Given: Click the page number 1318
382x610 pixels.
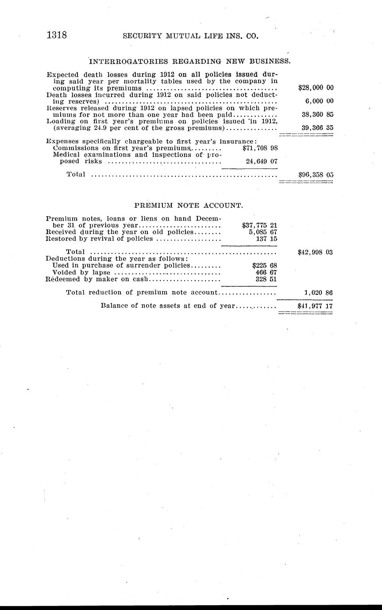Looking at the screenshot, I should click(x=57, y=35).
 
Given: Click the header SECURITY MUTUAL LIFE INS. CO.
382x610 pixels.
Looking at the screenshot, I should click(x=190, y=37).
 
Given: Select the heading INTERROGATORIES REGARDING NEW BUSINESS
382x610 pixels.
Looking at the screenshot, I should click(x=189, y=61).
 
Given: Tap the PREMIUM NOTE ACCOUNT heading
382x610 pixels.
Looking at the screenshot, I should click(x=189, y=206).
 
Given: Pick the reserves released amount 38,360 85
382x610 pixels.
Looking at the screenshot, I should click(x=317, y=114).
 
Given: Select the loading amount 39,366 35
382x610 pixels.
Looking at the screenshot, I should click(x=317, y=128).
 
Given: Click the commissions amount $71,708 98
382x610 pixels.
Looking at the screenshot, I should click(x=260, y=148).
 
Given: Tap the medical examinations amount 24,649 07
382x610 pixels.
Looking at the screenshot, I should click(x=261, y=161).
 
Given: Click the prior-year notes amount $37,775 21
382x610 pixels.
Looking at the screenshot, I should click(x=260, y=225).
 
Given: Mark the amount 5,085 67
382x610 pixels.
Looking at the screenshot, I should click(x=263, y=232).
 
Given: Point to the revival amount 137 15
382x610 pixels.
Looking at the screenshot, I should click(x=266, y=239).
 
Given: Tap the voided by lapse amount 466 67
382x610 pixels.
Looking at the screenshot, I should click(x=266, y=272).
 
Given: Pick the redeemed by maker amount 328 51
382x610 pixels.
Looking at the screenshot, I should click(x=266, y=279).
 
